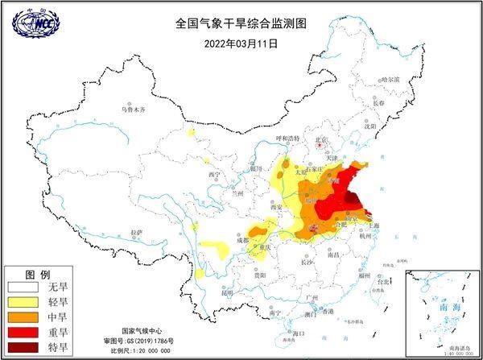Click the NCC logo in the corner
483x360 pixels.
point(36,25)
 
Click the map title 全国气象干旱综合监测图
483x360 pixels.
point(241,24)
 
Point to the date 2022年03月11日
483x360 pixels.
point(241,43)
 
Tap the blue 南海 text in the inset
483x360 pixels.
point(440,308)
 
